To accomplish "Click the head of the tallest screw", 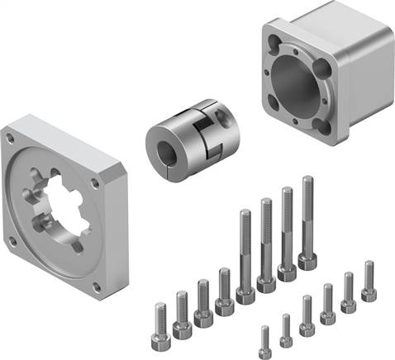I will click(x=307, y=262).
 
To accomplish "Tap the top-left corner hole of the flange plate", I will click(x=10, y=139).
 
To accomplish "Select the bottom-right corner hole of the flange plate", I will click(x=98, y=287).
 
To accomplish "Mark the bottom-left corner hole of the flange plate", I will click(x=14, y=241).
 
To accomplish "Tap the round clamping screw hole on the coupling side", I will click(x=217, y=117).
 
